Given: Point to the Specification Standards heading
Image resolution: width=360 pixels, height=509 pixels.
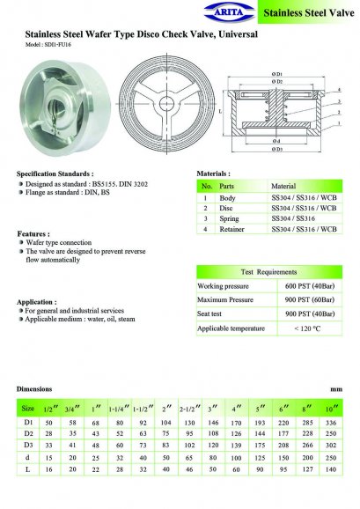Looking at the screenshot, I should (55, 174).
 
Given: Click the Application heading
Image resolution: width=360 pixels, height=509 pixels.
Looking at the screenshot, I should (36, 301).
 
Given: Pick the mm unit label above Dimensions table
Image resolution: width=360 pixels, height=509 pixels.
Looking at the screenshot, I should (335, 388).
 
